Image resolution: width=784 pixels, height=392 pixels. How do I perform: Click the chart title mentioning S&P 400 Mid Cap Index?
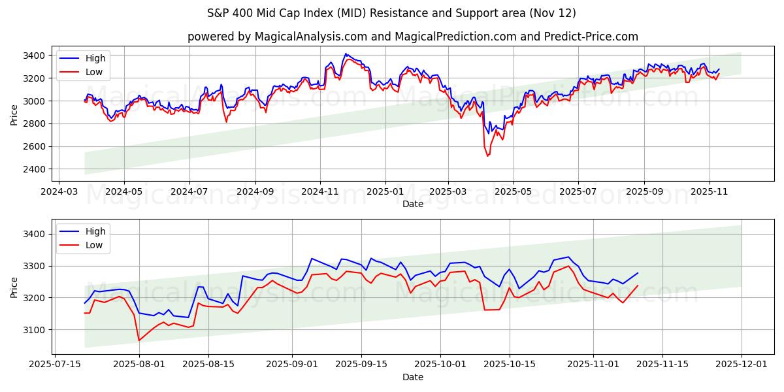391,13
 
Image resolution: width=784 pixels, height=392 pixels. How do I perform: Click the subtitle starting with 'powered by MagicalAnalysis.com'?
412,37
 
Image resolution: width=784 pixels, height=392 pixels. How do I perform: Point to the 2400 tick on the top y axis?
35,169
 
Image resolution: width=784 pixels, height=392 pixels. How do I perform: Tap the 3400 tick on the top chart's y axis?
35,56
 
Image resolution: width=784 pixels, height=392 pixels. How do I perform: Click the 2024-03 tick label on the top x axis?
59,193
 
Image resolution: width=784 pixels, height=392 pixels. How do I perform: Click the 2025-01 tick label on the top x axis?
385,193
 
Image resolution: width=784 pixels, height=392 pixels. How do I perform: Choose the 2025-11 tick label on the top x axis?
710,193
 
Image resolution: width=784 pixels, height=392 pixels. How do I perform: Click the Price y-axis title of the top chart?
14,114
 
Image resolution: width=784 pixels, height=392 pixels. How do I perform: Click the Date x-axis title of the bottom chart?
412,377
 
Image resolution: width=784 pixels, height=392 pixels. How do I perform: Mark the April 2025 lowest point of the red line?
487,156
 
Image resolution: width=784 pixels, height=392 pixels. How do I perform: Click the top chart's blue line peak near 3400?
346,54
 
